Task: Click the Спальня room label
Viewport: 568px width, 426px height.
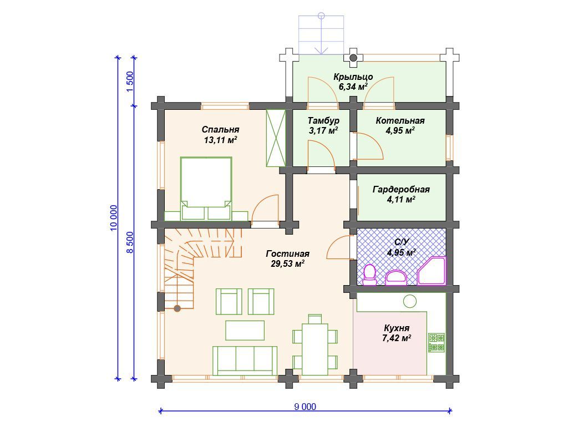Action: pos(220,135)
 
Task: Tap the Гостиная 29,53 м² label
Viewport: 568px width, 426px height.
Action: pos(288,258)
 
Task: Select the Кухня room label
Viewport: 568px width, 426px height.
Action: pos(397,333)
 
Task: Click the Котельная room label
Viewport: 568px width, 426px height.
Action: pos(400,125)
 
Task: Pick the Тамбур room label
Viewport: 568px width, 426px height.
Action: pos(323,125)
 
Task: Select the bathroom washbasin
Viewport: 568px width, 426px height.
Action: pos(396,277)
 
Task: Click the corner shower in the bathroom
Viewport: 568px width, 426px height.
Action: pos(432,271)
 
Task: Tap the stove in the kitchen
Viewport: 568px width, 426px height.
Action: pos(437,343)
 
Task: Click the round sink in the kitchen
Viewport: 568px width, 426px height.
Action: pos(410,301)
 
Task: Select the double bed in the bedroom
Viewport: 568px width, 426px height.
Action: pos(206,189)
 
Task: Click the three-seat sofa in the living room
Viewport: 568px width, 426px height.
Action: pos(245,361)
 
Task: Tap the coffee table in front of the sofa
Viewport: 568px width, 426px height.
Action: pos(245,330)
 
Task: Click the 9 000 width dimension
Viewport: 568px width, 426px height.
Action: pos(305,407)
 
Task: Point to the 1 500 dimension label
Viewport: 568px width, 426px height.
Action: pos(130,82)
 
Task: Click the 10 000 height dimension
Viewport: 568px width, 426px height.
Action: pos(113,218)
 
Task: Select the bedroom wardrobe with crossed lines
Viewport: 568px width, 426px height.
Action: pos(276,138)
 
